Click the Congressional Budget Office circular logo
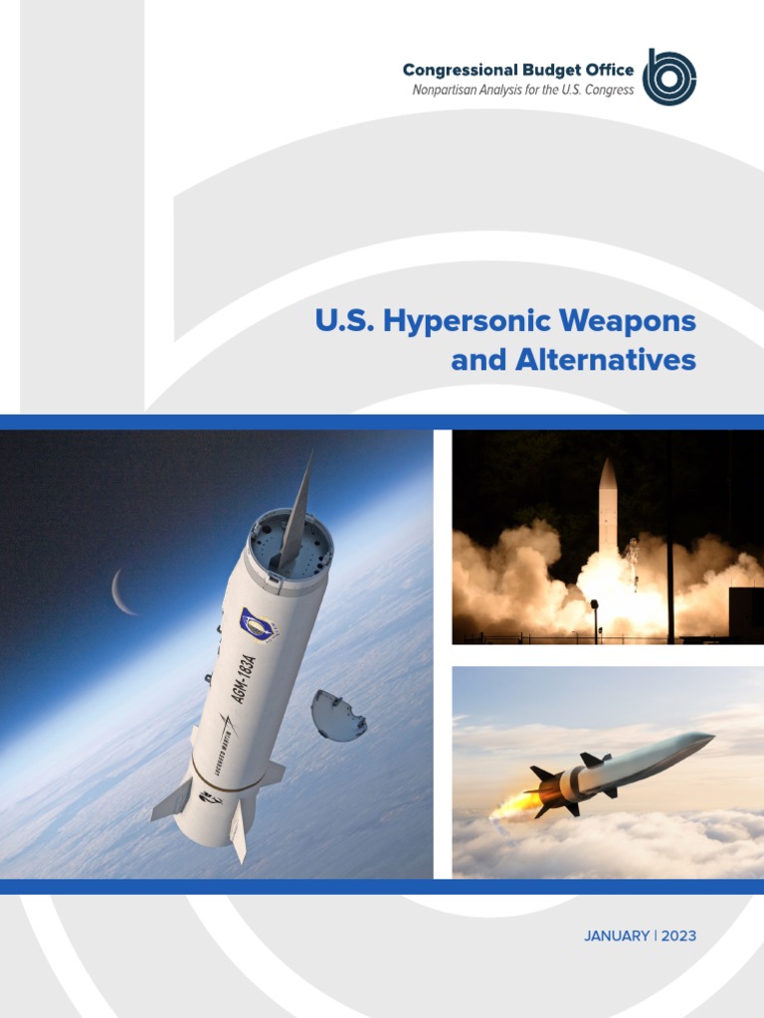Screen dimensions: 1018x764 click(668, 77)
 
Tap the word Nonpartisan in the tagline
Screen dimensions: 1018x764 click(449, 90)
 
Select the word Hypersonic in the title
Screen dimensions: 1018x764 click(473, 322)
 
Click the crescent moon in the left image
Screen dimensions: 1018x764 click(122, 592)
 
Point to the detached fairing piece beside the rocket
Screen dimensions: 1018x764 click(337, 715)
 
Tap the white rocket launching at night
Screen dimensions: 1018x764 click(607, 512)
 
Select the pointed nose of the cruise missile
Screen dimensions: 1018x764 click(702, 738)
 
